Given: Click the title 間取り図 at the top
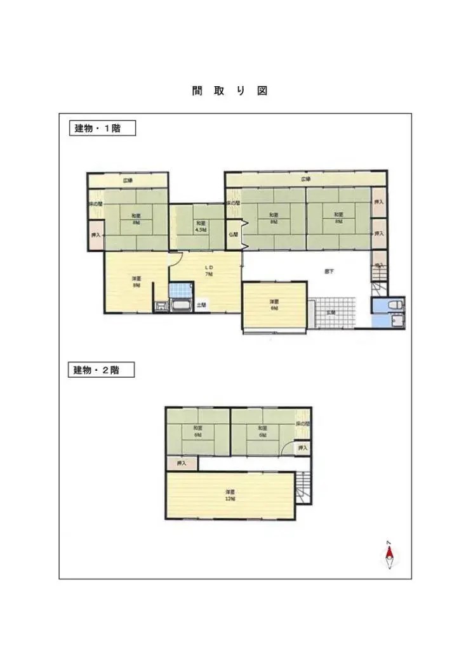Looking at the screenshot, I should coord(229,91).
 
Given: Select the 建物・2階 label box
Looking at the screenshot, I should coord(101,369).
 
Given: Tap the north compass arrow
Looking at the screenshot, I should coord(390,556).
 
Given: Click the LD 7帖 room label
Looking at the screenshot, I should coord(208,271).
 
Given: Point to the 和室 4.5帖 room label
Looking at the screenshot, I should coord(200,226).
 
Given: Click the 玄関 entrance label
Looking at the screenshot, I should coord(331,312).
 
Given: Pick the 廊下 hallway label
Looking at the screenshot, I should coord(329,271).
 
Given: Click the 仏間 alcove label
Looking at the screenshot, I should coord(233,234).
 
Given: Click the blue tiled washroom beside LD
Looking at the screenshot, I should coord(180,291).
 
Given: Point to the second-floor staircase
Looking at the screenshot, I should coord(304,487).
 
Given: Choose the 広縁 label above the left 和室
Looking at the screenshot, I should coord(128,181).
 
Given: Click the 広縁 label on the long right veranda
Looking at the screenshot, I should coord(306,179).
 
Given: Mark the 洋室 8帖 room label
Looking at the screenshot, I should coord(136,281).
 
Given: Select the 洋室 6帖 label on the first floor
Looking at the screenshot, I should coord(274,304).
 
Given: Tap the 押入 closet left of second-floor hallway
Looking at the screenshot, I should coord(182,463).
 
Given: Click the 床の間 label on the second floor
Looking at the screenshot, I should coord(303,423).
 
